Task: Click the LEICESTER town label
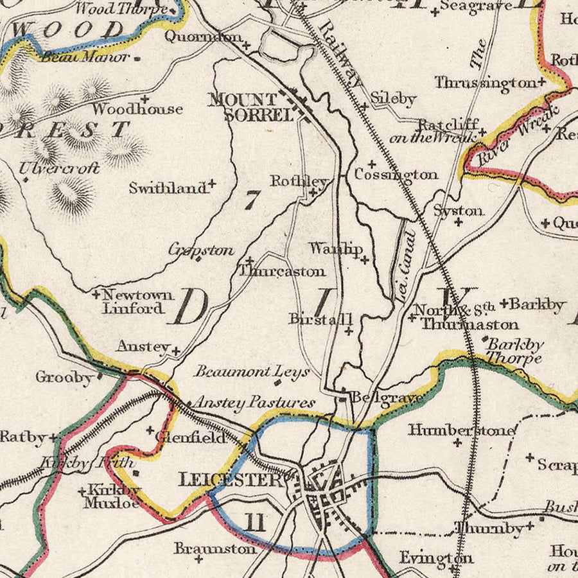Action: click(230, 479)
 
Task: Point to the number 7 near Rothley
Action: click(251, 200)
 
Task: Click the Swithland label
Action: click(168, 188)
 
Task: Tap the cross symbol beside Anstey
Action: click(175, 351)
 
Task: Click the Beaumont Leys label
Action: click(252, 371)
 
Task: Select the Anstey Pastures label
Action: click(254, 403)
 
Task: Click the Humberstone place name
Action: click(460, 429)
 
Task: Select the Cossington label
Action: click(396, 174)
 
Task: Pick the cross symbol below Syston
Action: click(459, 222)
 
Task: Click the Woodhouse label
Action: click(137, 109)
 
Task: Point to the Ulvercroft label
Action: click(58, 168)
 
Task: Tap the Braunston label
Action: click(215, 548)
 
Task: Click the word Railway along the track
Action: click(340, 55)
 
